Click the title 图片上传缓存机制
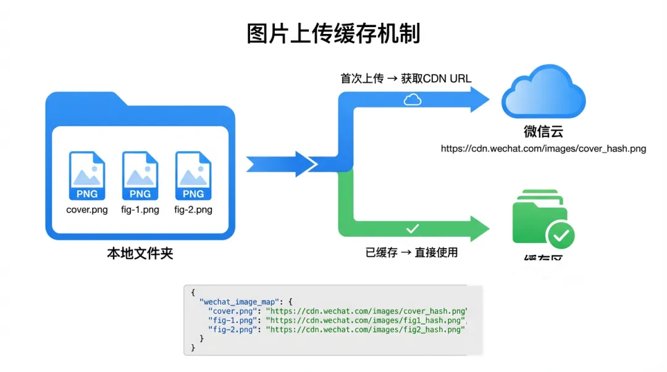point(333,33)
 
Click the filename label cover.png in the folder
point(87,210)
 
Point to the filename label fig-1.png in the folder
point(140,210)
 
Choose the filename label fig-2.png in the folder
point(193,210)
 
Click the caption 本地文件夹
point(140,253)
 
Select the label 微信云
point(543,132)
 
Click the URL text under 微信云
point(543,149)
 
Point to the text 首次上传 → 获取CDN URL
point(406,78)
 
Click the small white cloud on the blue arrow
point(412,99)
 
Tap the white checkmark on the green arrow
point(413,229)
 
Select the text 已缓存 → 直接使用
point(412,252)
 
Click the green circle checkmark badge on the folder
point(561,235)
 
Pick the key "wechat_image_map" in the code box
point(240,302)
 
